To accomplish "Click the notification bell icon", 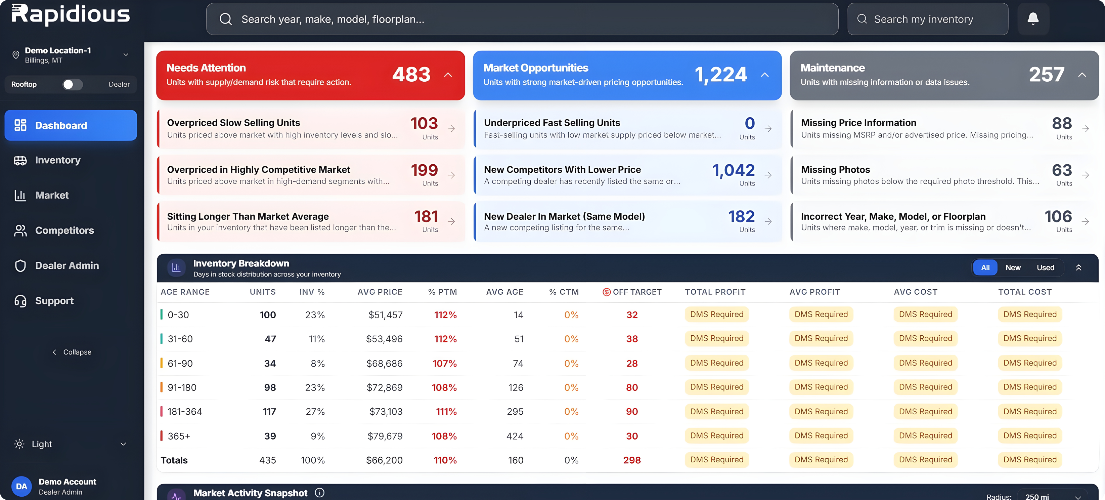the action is (1033, 18).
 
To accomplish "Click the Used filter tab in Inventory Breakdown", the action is (1045, 267).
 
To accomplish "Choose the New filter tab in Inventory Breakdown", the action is (1013, 267).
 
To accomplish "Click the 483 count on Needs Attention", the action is (411, 74).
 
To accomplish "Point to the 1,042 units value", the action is (734, 170).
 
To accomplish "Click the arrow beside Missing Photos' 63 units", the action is (1085, 175).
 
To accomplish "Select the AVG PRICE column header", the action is (380, 292).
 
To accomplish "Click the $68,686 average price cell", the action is (384, 364).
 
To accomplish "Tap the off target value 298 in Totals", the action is (632, 460).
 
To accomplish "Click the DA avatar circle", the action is (21, 486).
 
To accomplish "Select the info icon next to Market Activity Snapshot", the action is (319, 493).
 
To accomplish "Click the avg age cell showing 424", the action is (515, 436).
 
